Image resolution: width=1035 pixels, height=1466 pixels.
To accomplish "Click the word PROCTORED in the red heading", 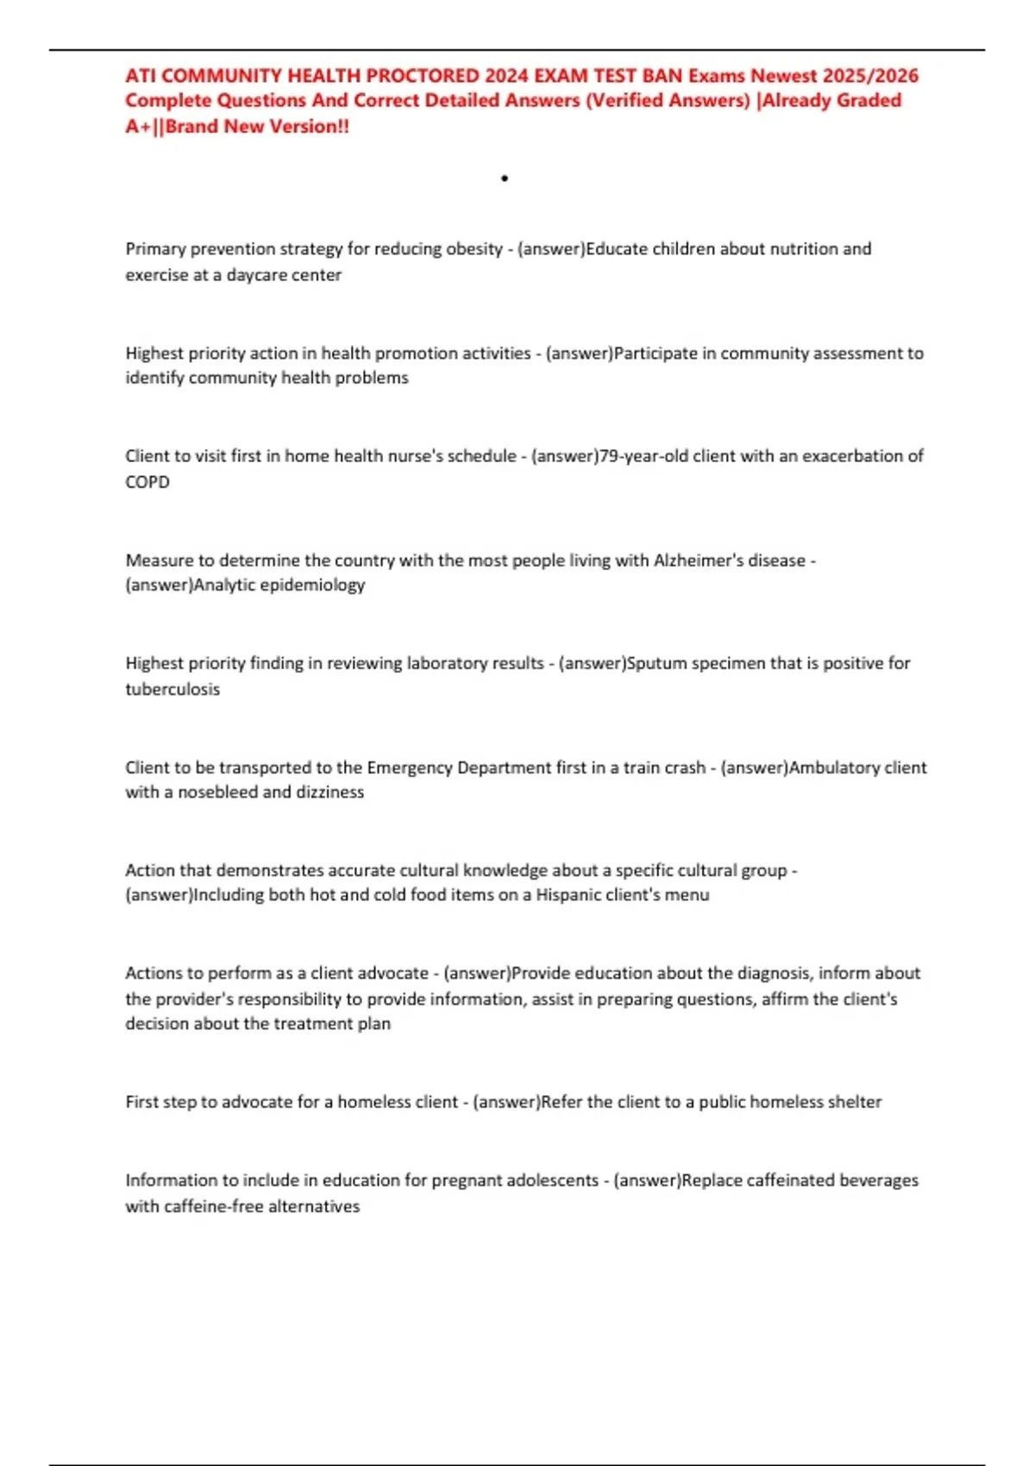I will pyautogui.click(x=423, y=76).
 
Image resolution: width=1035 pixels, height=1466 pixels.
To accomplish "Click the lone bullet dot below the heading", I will pyautogui.click(x=505, y=179).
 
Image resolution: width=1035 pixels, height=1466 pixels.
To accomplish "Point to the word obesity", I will pyautogui.click(x=474, y=249).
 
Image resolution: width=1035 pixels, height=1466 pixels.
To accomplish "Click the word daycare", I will pyautogui.click(x=253, y=275).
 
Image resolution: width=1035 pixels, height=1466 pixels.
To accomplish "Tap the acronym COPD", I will pyautogui.click(x=147, y=482).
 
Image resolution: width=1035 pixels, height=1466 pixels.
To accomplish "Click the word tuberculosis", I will pyautogui.click(x=172, y=689).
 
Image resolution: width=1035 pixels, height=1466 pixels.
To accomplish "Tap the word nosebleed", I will pyautogui.click(x=216, y=793).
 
